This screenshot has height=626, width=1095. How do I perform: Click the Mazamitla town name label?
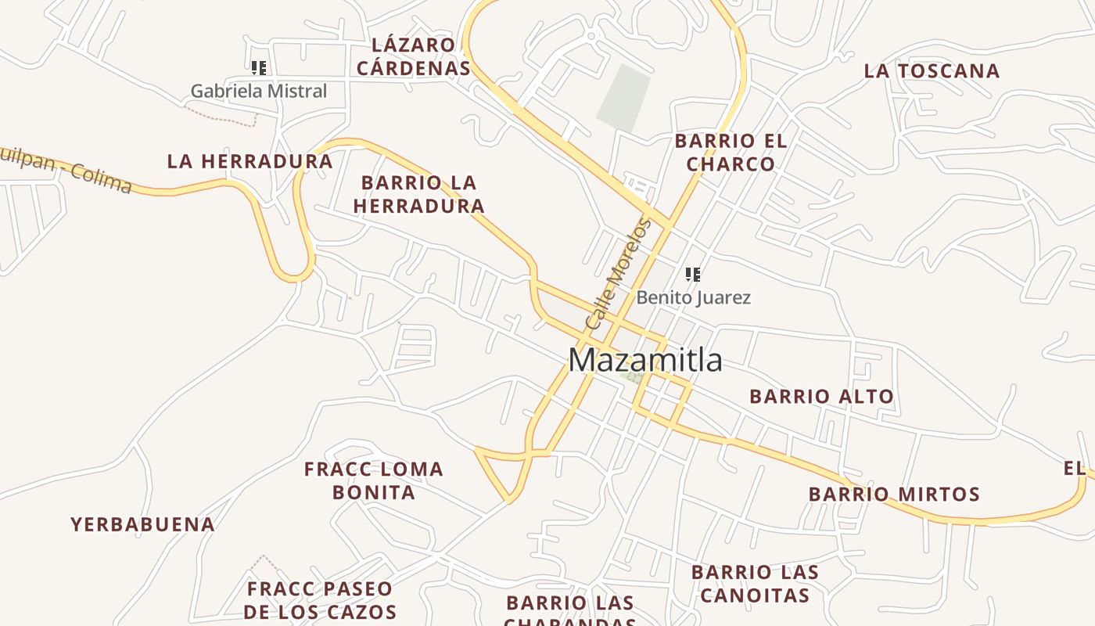[645, 361]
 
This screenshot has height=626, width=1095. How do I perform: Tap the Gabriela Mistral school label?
[259, 92]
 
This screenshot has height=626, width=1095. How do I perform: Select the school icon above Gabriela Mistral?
[259, 68]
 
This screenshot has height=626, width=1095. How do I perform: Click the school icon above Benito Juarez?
[692, 274]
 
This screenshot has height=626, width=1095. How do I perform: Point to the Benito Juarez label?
[693, 298]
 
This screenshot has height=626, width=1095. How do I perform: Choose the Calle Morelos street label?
[619, 274]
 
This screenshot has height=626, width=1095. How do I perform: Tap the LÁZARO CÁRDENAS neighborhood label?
[414, 56]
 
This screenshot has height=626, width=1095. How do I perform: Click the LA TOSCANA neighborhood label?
[932, 71]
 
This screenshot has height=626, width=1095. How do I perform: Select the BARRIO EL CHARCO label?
[731, 153]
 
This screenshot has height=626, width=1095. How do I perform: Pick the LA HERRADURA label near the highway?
[250, 162]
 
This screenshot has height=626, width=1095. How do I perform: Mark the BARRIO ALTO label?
[821, 397]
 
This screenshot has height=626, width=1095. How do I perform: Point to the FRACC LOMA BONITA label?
[374, 480]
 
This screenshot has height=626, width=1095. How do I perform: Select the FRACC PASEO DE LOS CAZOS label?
[320, 600]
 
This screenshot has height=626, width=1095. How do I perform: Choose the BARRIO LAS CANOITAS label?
[755, 584]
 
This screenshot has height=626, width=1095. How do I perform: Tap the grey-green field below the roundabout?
[624, 98]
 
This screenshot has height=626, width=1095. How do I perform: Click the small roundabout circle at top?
[591, 35]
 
